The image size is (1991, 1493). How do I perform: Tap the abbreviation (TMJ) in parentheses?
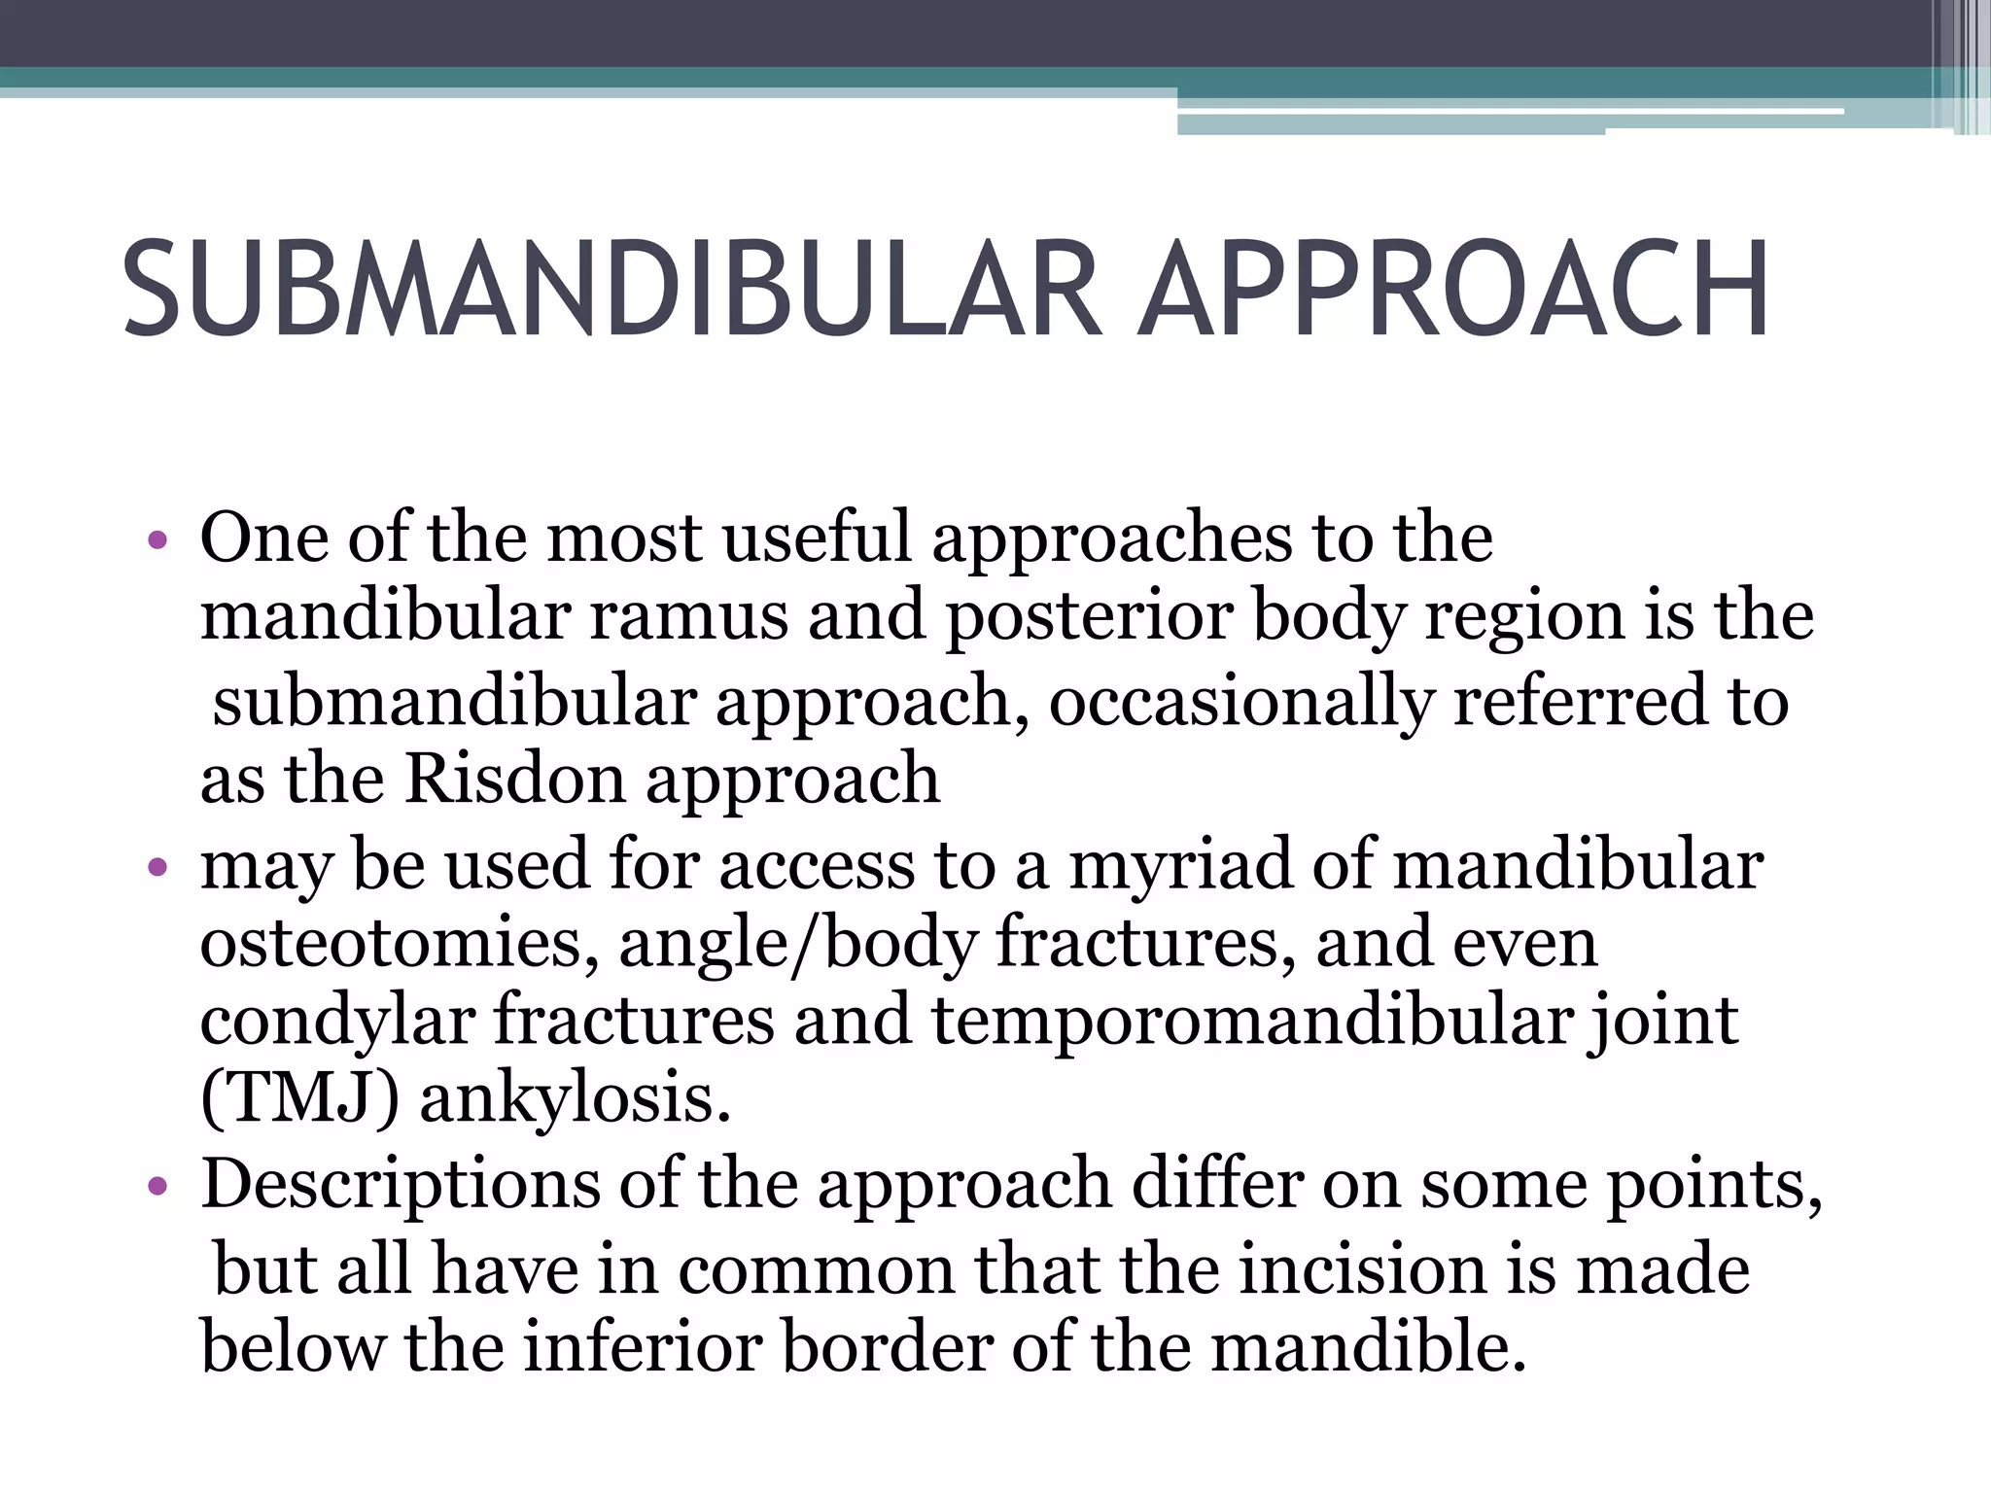click(299, 1097)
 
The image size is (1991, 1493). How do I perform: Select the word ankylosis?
click(575, 1099)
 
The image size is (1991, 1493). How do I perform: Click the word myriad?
click(1180, 864)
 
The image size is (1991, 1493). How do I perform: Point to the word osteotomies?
click(399, 943)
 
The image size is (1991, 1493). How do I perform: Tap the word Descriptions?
click(401, 1186)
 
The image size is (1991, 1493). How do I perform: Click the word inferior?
click(642, 1347)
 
